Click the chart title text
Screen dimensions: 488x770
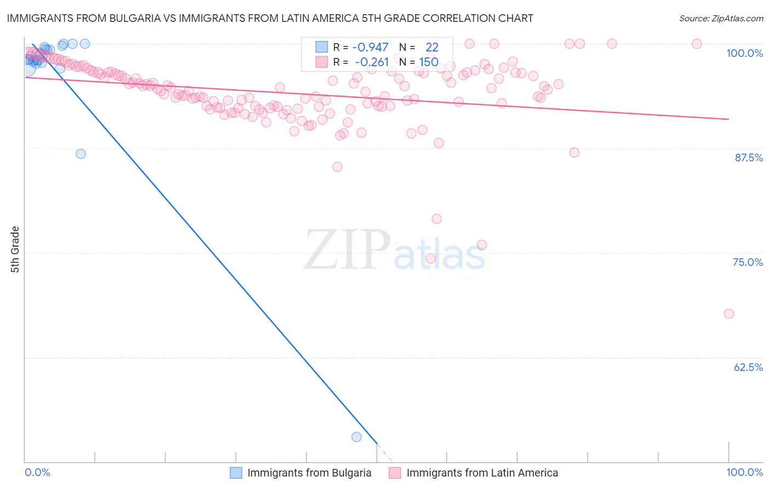[269, 19]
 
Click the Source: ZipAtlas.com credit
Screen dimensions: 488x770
[721, 19]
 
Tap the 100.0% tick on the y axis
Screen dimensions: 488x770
[744, 53]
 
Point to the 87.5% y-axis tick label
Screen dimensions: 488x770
[749, 158]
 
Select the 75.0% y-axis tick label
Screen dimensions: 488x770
[748, 262]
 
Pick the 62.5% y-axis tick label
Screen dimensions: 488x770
[748, 367]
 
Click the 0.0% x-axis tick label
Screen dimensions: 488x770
[38, 472]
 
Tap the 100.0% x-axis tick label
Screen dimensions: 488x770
[744, 472]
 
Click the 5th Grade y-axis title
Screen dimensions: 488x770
[15, 249]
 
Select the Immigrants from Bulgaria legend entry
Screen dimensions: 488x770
[309, 473]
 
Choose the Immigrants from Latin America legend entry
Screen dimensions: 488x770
[482, 473]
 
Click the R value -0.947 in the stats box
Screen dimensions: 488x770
[370, 48]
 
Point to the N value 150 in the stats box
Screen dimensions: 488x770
[428, 62]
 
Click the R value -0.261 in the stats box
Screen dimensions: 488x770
[371, 62]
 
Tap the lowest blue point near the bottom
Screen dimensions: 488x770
[357, 437]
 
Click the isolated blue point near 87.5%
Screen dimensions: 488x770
[81, 154]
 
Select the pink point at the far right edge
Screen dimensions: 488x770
[728, 314]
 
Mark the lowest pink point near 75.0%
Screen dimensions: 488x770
[430, 258]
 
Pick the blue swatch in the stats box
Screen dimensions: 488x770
[321, 48]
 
